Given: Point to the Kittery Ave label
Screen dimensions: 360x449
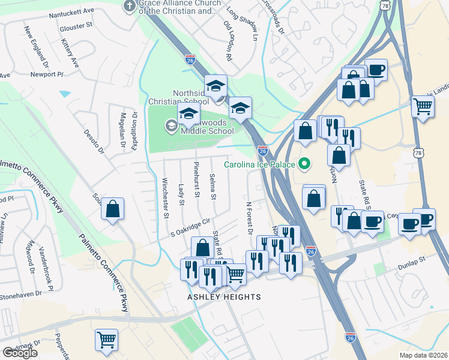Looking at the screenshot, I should (70, 53).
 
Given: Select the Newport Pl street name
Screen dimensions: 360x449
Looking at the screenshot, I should (47, 75).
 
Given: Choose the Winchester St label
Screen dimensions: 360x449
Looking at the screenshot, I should (166, 198).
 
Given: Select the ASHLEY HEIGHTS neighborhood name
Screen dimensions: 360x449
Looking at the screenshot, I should (224, 297).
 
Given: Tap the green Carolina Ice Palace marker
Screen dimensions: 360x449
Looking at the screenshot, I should (304, 163).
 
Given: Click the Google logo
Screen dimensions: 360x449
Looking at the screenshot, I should (20, 353).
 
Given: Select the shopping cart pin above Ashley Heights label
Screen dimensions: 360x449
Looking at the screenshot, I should (235, 274).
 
